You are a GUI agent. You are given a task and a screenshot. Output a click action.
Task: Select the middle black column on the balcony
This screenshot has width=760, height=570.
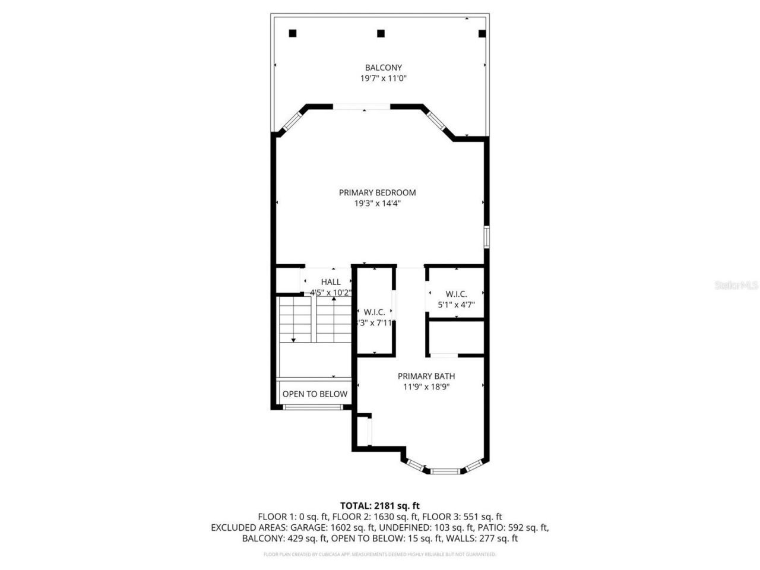(x=381, y=33)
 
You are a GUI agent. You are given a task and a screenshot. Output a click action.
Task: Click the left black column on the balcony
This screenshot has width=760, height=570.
(x=292, y=33)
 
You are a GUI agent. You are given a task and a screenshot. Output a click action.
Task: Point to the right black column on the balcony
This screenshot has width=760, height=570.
(x=482, y=34)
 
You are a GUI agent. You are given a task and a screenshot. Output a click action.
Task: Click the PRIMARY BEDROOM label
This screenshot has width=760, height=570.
(x=377, y=192)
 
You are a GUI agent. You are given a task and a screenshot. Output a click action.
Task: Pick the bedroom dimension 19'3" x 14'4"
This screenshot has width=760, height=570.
(x=377, y=203)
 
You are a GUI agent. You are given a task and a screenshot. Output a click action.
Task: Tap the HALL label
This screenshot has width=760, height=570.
(x=331, y=282)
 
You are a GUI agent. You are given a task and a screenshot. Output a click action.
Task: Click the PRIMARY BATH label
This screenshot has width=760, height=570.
(x=426, y=376)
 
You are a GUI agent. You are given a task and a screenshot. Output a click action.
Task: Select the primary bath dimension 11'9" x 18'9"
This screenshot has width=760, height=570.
(x=426, y=387)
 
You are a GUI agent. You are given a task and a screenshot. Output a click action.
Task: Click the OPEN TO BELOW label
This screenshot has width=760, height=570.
(x=315, y=394)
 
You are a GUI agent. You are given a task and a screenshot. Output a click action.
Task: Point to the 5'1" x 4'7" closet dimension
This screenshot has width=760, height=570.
(x=456, y=305)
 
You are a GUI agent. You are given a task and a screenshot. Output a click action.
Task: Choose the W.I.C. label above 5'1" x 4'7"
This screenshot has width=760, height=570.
(x=456, y=294)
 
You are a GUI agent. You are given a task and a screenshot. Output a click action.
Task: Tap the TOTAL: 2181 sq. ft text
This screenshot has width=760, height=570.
(x=380, y=506)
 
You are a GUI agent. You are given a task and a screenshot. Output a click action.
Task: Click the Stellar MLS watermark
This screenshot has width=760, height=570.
(x=736, y=286)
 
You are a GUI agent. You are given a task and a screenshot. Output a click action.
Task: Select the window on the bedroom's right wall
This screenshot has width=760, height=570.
(x=486, y=236)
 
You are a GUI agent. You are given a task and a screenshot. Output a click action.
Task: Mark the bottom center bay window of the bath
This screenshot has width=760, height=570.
(x=445, y=471)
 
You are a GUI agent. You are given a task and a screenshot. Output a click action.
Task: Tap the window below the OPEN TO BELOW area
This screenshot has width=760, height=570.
(x=312, y=407)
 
